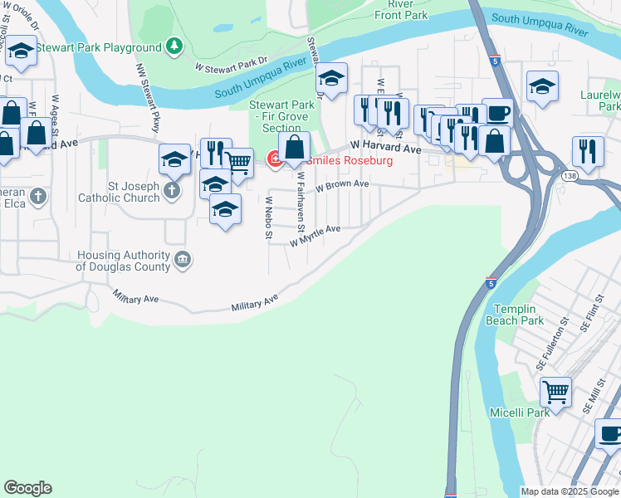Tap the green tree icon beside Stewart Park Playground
click(174, 47)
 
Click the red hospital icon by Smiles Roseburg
click(273, 159)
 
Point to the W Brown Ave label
click(341, 185)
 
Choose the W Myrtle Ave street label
click(315, 235)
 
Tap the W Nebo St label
click(268, 217)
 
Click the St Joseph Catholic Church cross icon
click(171, 192)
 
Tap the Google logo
click(27, 488)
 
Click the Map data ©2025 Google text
click(570, 491)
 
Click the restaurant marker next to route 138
click(588, 151)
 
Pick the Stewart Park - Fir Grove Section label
click(281, 116)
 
